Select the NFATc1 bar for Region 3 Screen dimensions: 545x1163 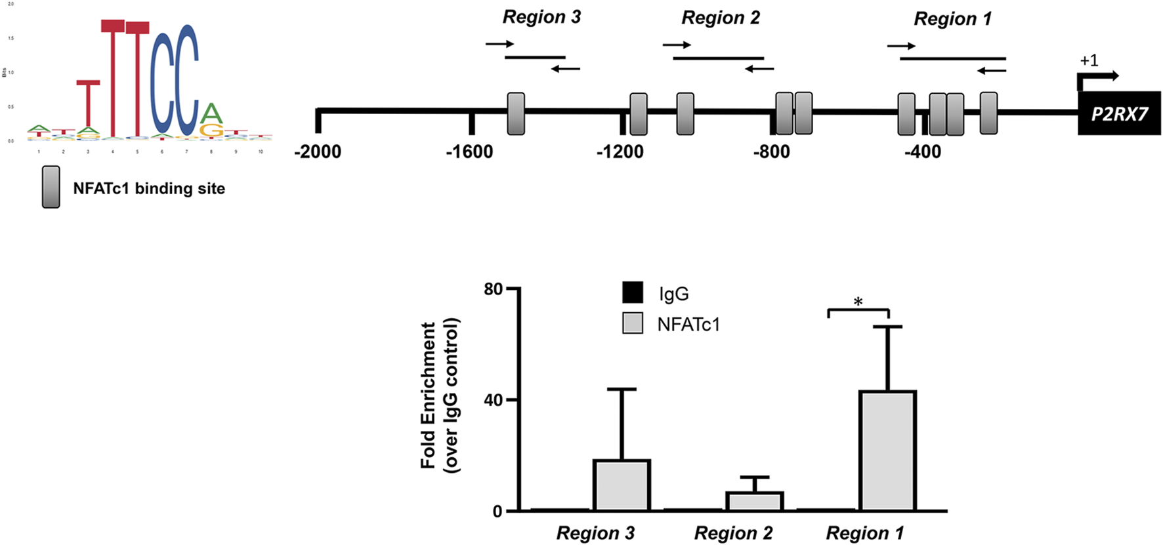click(x=622, y=485)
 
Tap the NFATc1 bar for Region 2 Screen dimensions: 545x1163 click(x=755, y=501)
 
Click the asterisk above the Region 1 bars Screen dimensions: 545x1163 click(x=858, y=302)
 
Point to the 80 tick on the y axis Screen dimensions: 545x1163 click(x=493, y=289)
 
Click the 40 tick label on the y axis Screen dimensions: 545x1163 click(x=493, y=400)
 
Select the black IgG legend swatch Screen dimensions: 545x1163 click(x=633, y=293)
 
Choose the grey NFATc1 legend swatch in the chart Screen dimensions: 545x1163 click(x=633, y=323)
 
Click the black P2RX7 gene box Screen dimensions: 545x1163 click(x=1119, y=114)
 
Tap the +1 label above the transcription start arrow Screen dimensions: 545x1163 click(x=1089, y=60)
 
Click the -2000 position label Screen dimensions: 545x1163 click(x=318, y=152)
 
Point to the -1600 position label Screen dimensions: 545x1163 click(x=469, y=152)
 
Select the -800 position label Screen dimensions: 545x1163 click(x=771, y=152)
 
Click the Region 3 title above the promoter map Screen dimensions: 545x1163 click(x=541, y=17)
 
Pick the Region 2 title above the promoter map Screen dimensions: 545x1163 click(x=721, y=18)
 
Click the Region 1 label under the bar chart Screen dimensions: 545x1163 click(x=864, y=533)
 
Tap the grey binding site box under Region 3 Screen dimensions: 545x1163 click(x=516, y=114)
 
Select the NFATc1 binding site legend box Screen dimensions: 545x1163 click(x=51, y=188)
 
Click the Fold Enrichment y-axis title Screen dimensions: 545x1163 click(x=439, y=395)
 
